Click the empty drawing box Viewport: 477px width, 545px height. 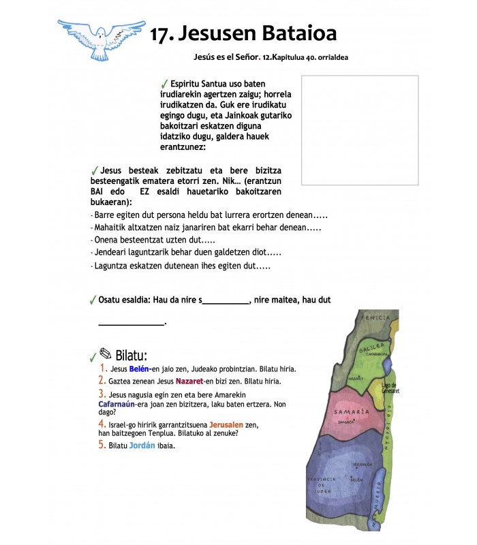point(360,130)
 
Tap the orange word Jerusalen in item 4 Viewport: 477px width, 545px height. point(228,424)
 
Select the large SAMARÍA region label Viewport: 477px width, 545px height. point(352,411)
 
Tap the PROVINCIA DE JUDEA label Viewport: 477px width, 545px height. point(324,483)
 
